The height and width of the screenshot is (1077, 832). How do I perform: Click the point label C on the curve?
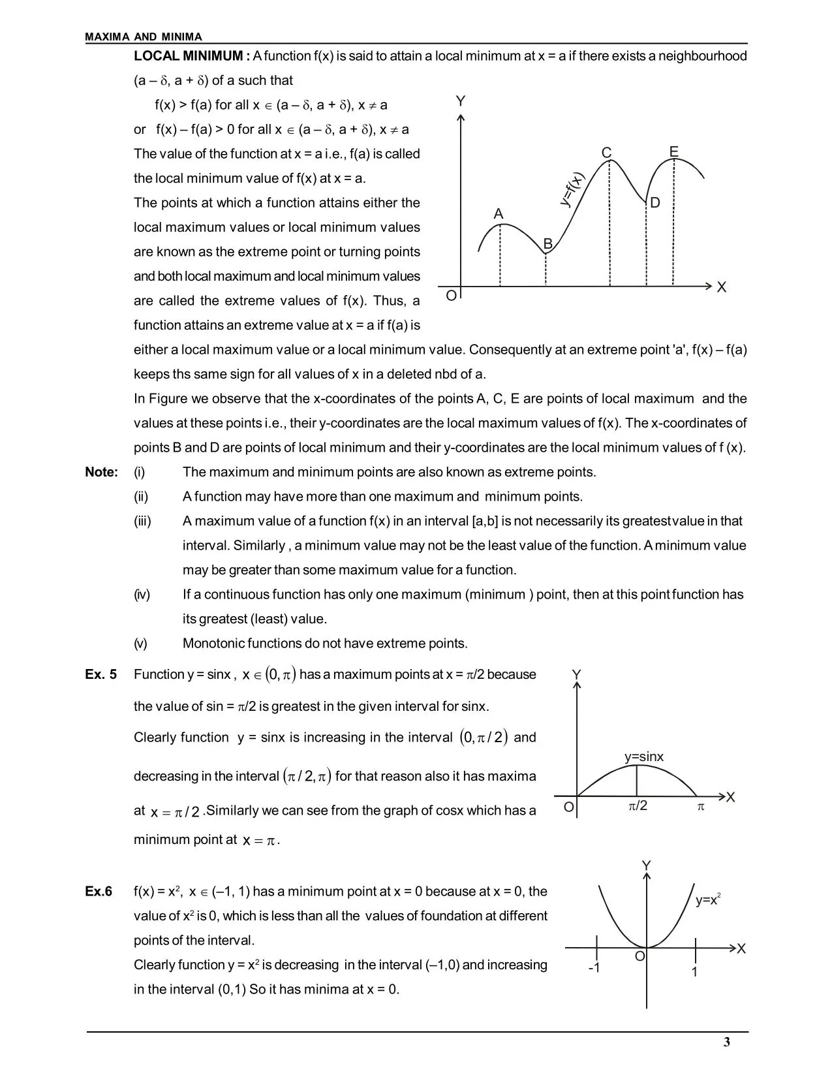(x=606, y=153)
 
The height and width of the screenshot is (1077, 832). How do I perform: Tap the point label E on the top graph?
(x=674, y=151)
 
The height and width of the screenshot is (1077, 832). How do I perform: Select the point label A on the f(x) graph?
(x=499, y=214)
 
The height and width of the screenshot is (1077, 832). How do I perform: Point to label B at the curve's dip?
(x=548, y=243)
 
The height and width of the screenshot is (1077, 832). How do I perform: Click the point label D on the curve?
(x=655, y=203)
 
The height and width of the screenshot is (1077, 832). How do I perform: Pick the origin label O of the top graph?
(x=451, y=296)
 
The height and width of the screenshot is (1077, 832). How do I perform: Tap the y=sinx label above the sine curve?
(x=643, y=757)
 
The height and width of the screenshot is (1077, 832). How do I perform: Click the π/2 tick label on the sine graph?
(x=638, y=806)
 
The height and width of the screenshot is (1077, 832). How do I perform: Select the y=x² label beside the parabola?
(x=707, y=900)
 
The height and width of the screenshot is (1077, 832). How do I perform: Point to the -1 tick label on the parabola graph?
(x=594, y=967)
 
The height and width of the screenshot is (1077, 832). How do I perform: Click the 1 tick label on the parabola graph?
(x=695, y=972)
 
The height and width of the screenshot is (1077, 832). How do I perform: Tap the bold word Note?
(x=102, y=472)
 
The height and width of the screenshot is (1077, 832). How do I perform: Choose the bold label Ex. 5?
(x=101, y=674)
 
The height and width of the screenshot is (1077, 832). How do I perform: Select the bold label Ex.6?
(x=99, y=892)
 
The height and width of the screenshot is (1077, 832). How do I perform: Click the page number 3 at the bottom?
(x=727, y=1042)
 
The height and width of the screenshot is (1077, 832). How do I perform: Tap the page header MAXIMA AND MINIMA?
(x=144, y=37)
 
